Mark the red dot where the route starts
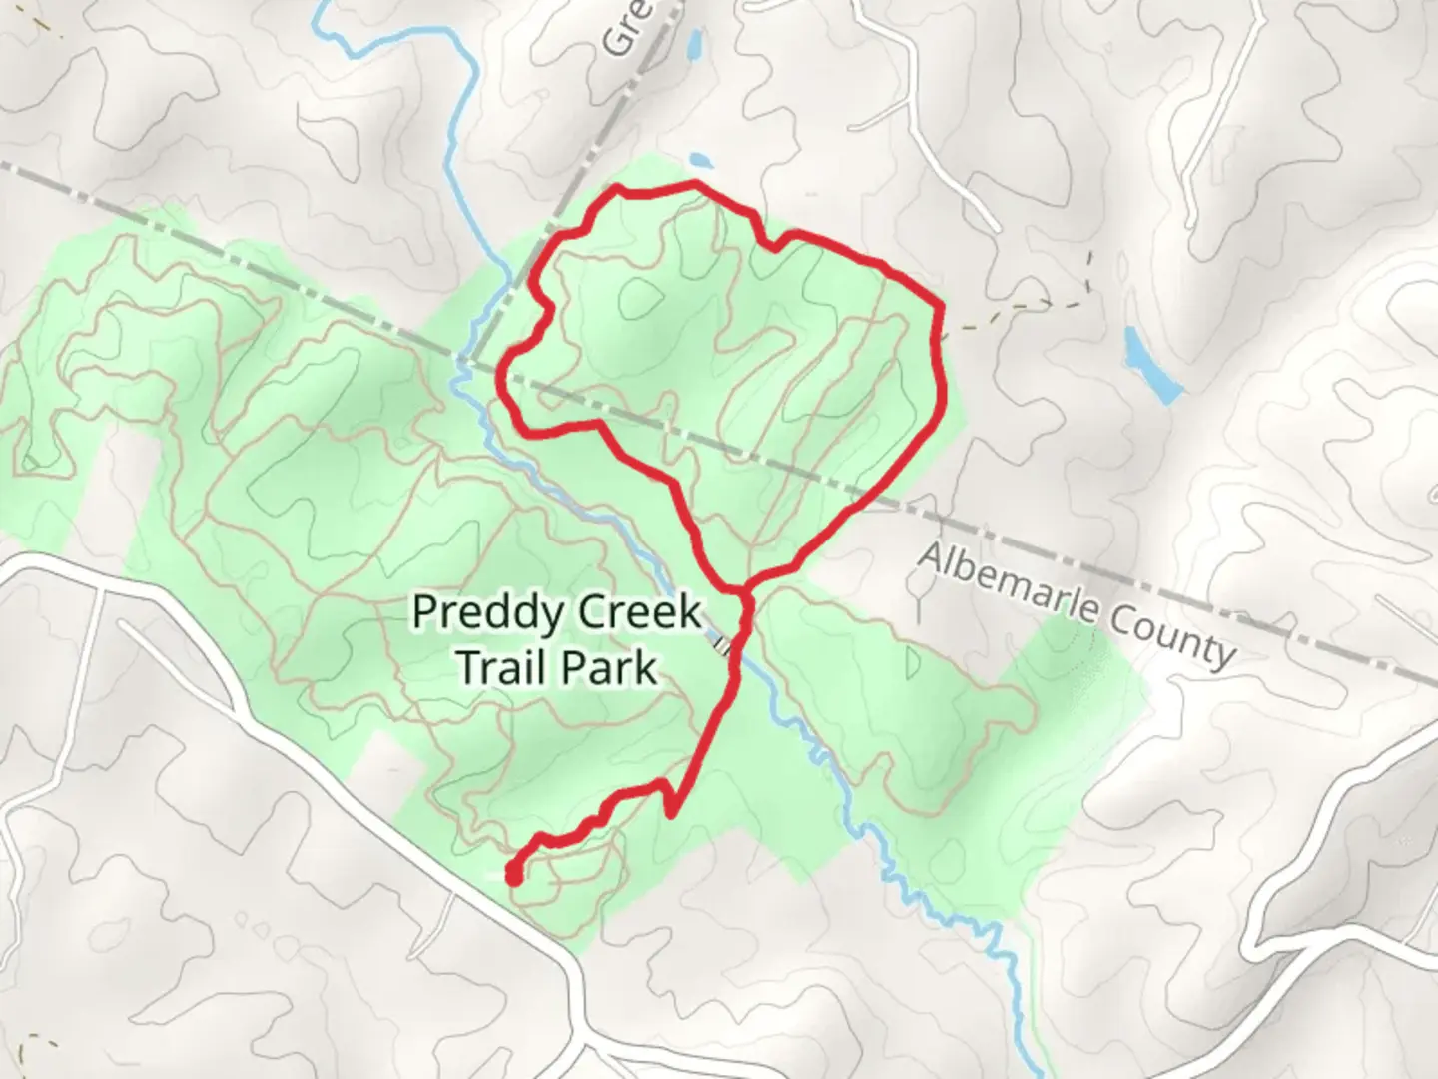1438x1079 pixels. point(513,876)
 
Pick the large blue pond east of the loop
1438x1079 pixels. point(1151,364)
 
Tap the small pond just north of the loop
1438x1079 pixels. point(700,160)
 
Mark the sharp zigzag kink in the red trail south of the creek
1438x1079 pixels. point(669,799)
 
